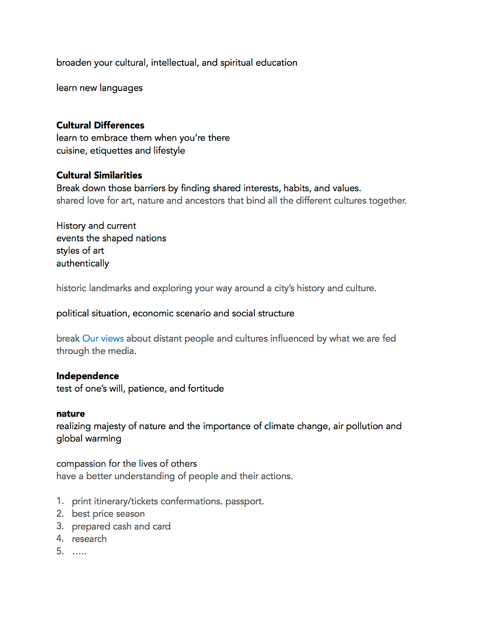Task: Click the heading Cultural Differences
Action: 100,125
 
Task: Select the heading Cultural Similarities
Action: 99,176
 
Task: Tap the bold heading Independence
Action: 87,376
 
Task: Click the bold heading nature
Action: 71,414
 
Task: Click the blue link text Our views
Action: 103,338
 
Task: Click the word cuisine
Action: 71,150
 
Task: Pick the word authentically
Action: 83,264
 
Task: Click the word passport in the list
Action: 244,501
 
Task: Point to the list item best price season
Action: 108,514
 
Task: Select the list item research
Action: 89,539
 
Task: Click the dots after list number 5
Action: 79,552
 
